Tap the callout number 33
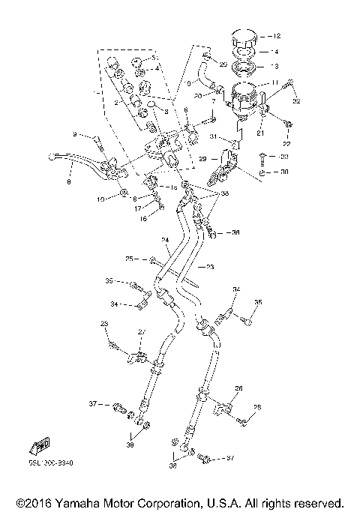click(284, 157)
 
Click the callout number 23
click(210, 267)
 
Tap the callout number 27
click(140, 331)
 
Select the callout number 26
click(239, 388)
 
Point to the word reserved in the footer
click(313, 502)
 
